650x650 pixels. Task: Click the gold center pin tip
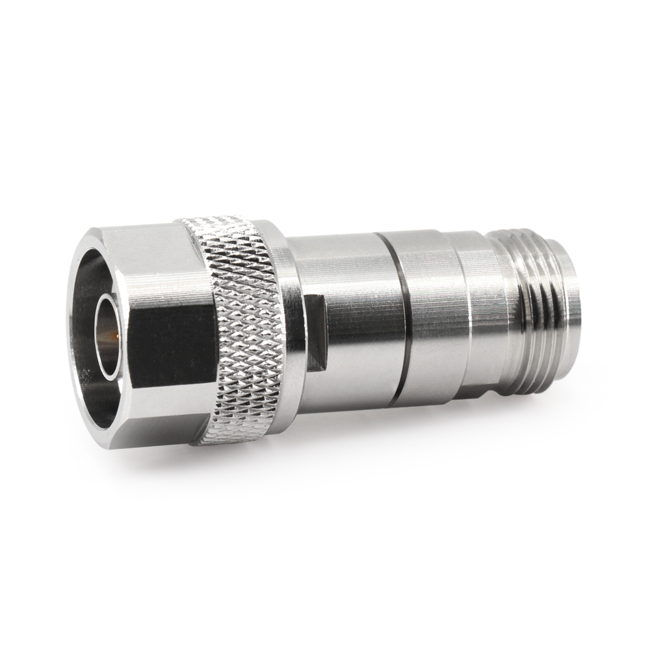(x=114, y=337)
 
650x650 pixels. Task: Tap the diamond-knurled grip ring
(x=240, y=325)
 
